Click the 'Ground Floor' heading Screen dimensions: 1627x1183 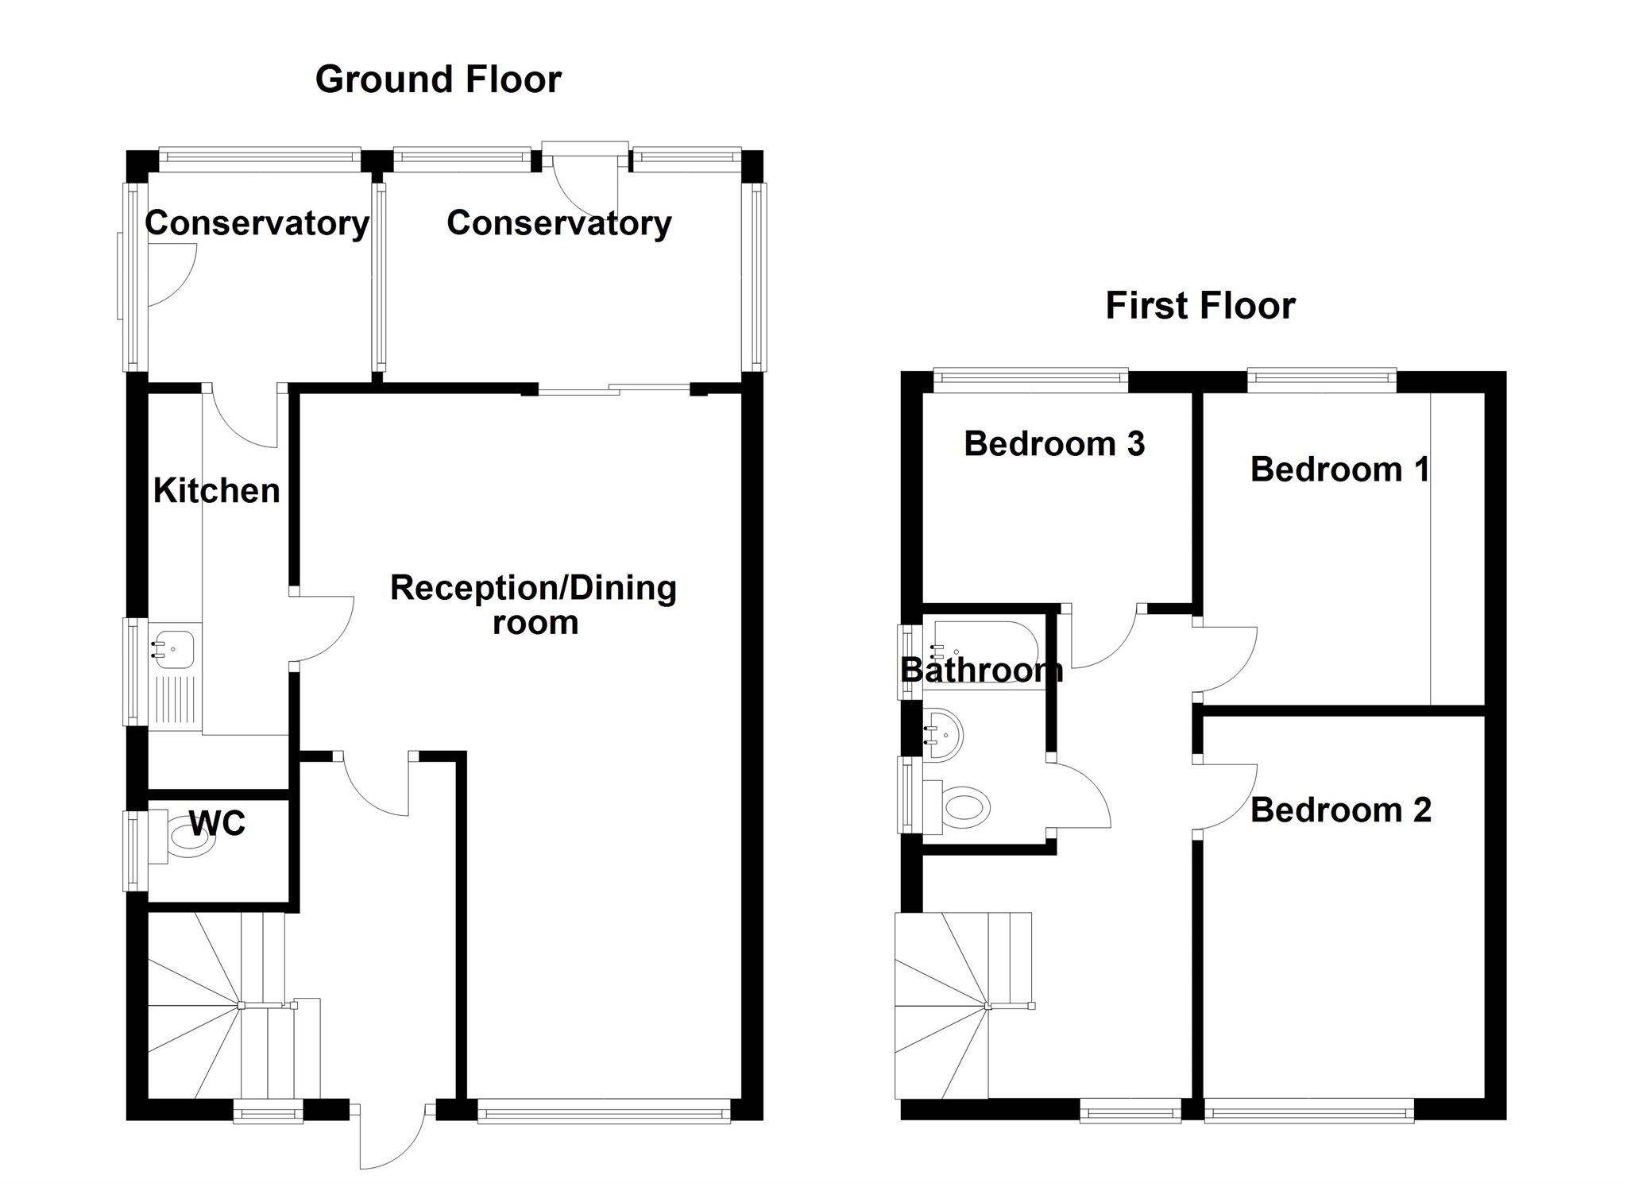tap(439, 80)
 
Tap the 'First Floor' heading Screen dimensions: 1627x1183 tap(1200, 306)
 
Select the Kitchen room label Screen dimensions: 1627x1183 tap(217, 491)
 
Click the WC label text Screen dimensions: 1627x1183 tap(218, 824)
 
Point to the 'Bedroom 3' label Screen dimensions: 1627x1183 tap(1054, 444)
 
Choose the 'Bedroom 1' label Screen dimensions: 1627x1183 tap(1339, 470)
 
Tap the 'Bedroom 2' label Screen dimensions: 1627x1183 tap(1341, 810)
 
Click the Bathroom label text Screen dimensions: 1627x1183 tap(982, 671)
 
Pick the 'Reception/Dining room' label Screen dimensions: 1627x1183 tap(534, 605)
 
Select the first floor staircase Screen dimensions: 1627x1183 tap(964, 1006)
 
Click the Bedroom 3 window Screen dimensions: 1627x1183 tap(1031, 381)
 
